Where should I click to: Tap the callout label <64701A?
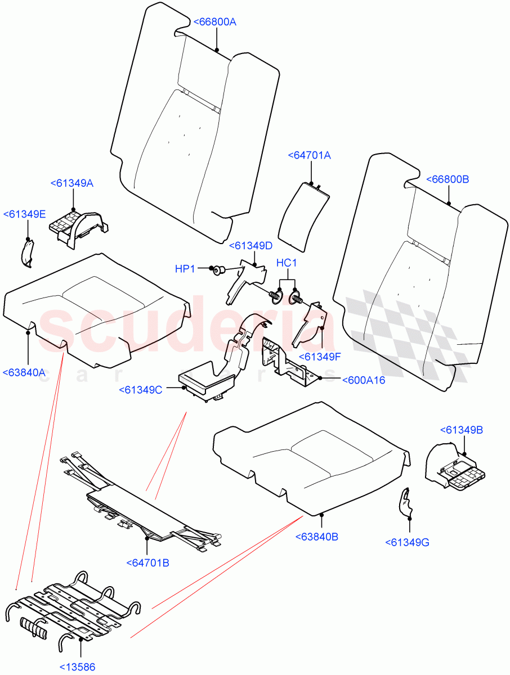309,155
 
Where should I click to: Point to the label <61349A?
71,183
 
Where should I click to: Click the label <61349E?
24,214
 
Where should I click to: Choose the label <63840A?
24,372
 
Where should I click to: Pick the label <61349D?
250,245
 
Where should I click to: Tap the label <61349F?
319,357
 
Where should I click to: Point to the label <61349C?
141,390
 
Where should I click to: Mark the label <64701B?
148,562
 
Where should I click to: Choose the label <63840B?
316,537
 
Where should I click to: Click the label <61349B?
461,430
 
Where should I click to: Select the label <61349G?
407,542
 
